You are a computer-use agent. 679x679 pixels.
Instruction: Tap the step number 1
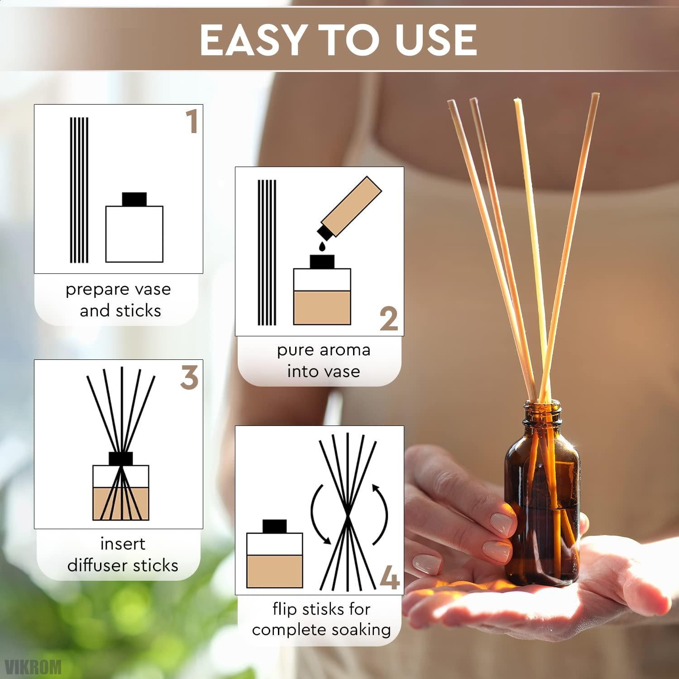(x=192, y=122)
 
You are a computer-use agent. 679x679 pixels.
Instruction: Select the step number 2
(x=389, y=320)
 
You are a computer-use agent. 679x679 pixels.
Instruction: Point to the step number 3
(x=189, y=378)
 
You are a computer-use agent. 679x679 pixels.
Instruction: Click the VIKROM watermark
(x=32, y=666)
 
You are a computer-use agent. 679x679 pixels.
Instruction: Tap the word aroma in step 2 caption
(x=344, y=350)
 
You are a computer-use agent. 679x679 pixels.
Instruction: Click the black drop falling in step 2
(x=322, y=245)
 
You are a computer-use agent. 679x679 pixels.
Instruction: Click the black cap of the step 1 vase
(x=134, y=199)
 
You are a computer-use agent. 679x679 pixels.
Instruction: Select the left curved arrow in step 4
(x=320, y=514)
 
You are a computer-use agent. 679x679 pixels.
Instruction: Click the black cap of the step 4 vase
(x=275, y=526)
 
